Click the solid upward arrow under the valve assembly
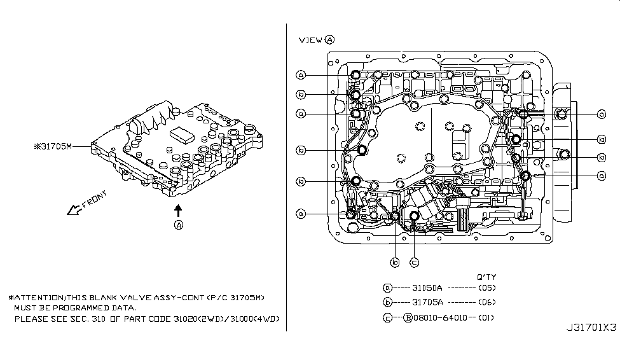click(179, 209)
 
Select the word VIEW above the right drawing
click(310, 39)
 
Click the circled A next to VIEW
click(329, 39)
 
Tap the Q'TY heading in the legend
click(486, 277)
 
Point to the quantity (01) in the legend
click(487, 317)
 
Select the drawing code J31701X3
click(591, 328)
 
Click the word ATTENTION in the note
click(38, 298)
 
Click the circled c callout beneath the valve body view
click(414, 262)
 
